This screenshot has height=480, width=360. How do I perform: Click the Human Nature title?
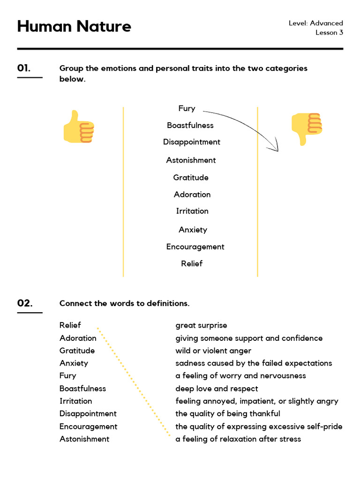(x=74, y=26)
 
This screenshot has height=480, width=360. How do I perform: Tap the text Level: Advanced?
(x=315, y=23)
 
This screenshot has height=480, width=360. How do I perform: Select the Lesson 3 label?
(x=329, y=32)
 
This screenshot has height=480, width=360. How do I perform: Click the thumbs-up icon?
(x=78, y=127)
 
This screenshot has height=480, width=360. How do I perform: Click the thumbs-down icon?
(x=307, y=128)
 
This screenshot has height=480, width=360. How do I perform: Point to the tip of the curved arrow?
(x=277, y=150)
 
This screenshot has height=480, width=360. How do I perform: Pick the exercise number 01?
(x=24, y=68)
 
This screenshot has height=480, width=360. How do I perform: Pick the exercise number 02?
(x=25, y=303)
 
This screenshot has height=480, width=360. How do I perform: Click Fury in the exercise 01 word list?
(x=187, y=108)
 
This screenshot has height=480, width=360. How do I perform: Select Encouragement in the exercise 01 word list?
(x=195, y=247)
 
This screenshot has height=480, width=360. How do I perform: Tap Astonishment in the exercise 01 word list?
(x=191, y=160)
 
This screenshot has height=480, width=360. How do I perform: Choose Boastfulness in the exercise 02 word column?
(x=82, y=388)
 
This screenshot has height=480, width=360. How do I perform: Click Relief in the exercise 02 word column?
(x=70, y=325)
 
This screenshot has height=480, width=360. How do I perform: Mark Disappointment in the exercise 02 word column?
(x=88, y=413)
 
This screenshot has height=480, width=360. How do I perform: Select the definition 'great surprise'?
(x=201, y=325)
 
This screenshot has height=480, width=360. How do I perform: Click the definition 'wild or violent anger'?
(x=213, y=351)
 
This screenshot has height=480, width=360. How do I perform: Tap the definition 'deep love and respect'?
(x=217, y=388)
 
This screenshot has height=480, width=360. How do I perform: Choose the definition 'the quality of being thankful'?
(x=228, y=413)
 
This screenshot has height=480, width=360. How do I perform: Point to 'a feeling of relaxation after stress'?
(x=238, y=439)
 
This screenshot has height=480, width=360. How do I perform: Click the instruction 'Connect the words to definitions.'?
(x=124, y=303)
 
